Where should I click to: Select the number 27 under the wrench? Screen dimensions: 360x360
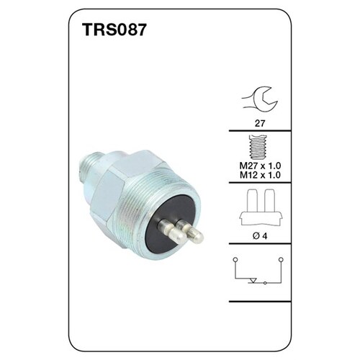(x=259, y=123)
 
